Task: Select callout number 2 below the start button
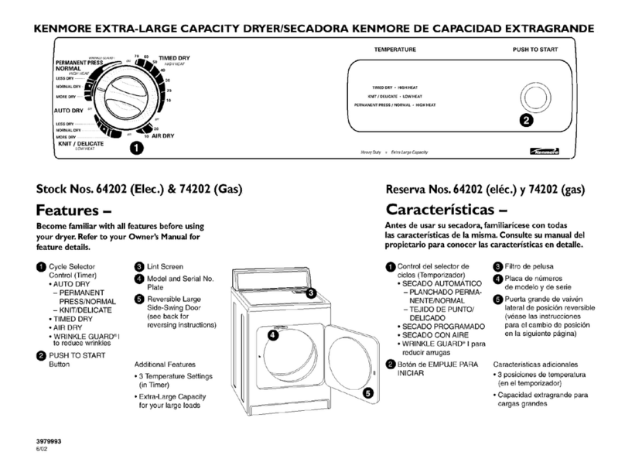click(x=526, y=121)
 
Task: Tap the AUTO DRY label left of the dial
click(x=68, y=110)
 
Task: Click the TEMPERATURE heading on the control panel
click(x=396, y=49)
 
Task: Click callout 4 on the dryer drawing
click(x=272, y=335)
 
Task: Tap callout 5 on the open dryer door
click(x=368, y=393)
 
